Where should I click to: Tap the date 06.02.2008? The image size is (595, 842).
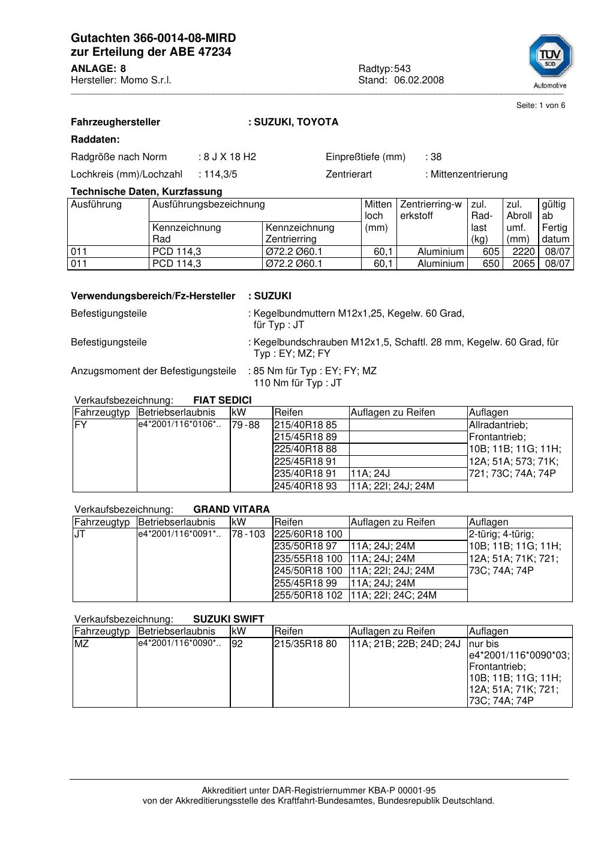click(x=419, y=80)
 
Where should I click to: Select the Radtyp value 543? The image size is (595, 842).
click(x=402, y=69)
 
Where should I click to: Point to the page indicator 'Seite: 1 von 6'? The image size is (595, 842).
click(x=540, y=106)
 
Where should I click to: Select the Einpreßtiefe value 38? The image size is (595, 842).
click(x=436, y=157)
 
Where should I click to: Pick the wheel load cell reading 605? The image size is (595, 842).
click(x=491, y=252)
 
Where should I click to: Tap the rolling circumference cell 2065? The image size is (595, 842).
click(x=523, y=264)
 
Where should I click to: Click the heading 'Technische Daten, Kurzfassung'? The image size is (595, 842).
click(x=146, y=192)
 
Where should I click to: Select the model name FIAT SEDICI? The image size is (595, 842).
click(x=223, y=401)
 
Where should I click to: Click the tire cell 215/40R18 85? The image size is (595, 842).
click(x=305, y=425)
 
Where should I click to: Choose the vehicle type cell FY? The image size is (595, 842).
click(x=81, y=425)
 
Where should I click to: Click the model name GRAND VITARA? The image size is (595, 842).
click(x=232, y=510)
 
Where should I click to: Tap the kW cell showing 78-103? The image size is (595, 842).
click(x=248, y=534)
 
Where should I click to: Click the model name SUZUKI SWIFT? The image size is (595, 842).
click(x=229, y=620)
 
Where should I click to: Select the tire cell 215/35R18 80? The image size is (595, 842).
click(x=305, y=644)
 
